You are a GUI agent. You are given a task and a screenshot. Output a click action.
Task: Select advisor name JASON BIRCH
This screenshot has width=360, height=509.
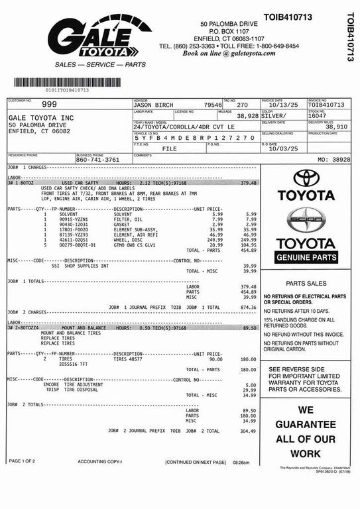pos(153,105)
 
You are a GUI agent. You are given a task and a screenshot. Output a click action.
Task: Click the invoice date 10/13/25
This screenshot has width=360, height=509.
pos(281,105)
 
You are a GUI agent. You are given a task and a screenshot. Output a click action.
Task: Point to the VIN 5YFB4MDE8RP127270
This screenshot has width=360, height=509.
pos(194,137)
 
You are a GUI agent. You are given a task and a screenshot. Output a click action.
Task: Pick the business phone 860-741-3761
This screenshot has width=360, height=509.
pos(97,160)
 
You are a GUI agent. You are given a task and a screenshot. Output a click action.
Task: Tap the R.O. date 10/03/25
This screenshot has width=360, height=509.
pos(280,148)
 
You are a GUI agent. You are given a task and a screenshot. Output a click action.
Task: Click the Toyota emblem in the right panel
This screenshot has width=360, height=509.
pos(306,178)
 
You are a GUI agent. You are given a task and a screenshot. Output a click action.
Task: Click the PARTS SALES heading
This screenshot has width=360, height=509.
pos(306,283)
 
